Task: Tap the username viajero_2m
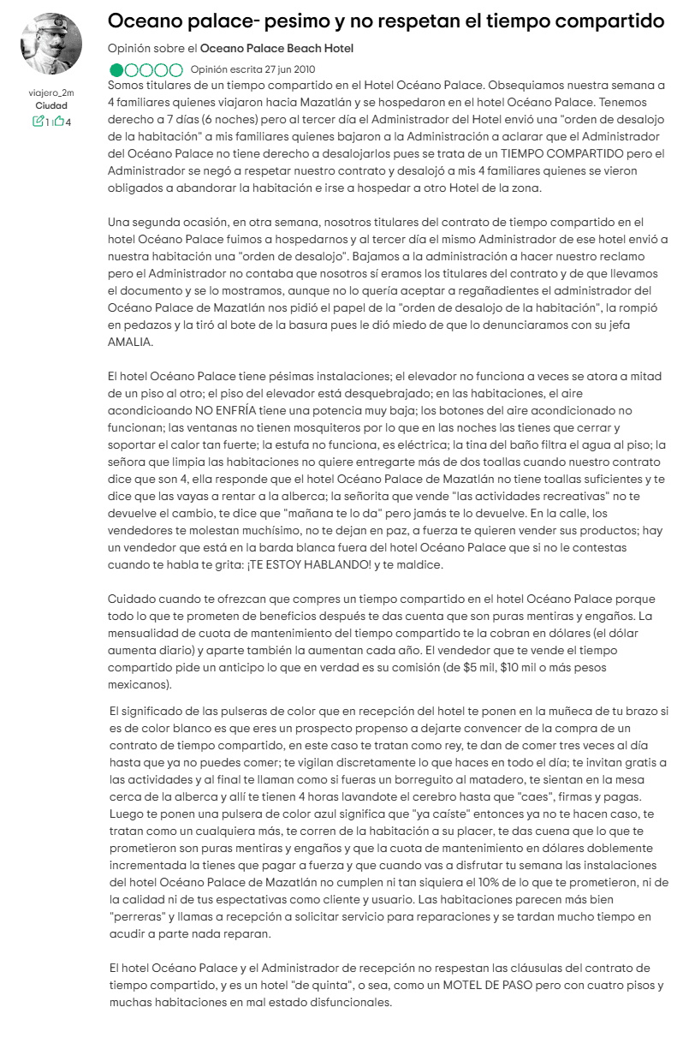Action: pyautogui.click(x=51, y=92)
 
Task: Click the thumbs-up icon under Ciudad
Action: pyautogui.click(x=58, y=122)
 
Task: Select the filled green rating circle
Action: pyautogui.click(x=116, y=69)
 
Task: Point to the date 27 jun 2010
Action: pyautogui.click(x=291, y=69)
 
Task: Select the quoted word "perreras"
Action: pyautogui.click(x=136, y=915)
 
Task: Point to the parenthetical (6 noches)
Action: pyautogui.click(x=225, y=119)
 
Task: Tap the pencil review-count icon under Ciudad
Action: pyautogui.click(x=38, y=122)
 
